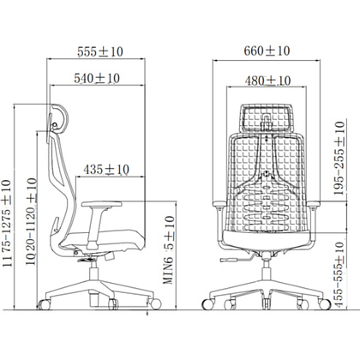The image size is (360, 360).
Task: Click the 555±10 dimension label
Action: (x=100, y=51)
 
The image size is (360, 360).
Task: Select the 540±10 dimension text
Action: (x=97, y=78)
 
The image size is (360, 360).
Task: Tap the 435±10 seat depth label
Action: (x=106, y=170)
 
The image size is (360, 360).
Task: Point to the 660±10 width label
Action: (x=267, y=51)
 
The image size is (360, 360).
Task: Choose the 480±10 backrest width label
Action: (x=267, y=81)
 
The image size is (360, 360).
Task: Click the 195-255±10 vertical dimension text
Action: (x=339, y=159)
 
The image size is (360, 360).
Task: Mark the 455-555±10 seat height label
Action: (x=339, y=275)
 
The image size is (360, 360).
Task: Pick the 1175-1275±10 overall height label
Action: (x=7, y=223)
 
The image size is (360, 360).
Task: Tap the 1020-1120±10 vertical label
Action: (x=31, y=222)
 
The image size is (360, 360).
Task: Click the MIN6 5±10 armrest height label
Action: (x=169, y=250)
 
